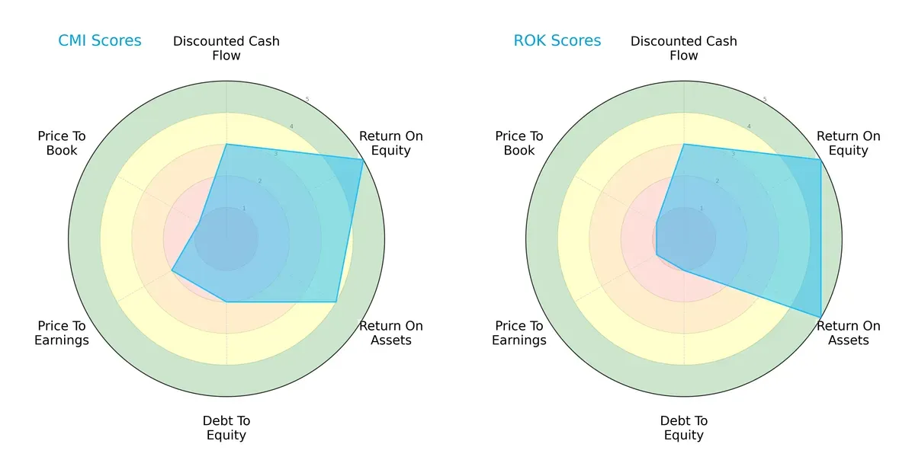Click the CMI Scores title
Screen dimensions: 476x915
click(x=100, y=41)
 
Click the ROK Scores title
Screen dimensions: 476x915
click(x=557, y=41)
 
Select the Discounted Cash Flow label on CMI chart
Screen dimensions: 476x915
click(x=226, y=48)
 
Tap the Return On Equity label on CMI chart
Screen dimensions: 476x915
click(x=390, y=143)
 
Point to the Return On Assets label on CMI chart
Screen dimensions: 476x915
click(x=390, y=333)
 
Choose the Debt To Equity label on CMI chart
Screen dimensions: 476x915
click(x=226, y=428)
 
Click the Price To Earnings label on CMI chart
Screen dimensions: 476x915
click(x=62, y=333)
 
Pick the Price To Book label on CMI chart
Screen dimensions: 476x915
click(x=62, y=143)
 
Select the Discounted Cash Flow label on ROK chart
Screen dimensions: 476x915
click(x=684, y=48)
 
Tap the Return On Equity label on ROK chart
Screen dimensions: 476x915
click(x=848, y=143)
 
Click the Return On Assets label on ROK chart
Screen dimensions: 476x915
click(x=848, y=333)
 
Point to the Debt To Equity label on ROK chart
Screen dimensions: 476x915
click(x=684, y=428)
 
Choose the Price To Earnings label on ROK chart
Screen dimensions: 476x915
click(x=519, y=333)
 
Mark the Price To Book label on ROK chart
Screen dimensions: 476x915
click(x=519, y=143)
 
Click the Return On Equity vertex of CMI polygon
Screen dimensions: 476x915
click(x=363, y=159)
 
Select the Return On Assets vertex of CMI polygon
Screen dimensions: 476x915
click(x=336, y=302)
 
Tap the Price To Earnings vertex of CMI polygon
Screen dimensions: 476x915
click(x=172, y=270)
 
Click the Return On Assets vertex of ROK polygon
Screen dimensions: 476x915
click(x=820, y=317)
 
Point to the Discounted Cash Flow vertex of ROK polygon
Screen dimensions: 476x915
click(x=684, y=144)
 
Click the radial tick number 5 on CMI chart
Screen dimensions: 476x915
click(x=307, y=99)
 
